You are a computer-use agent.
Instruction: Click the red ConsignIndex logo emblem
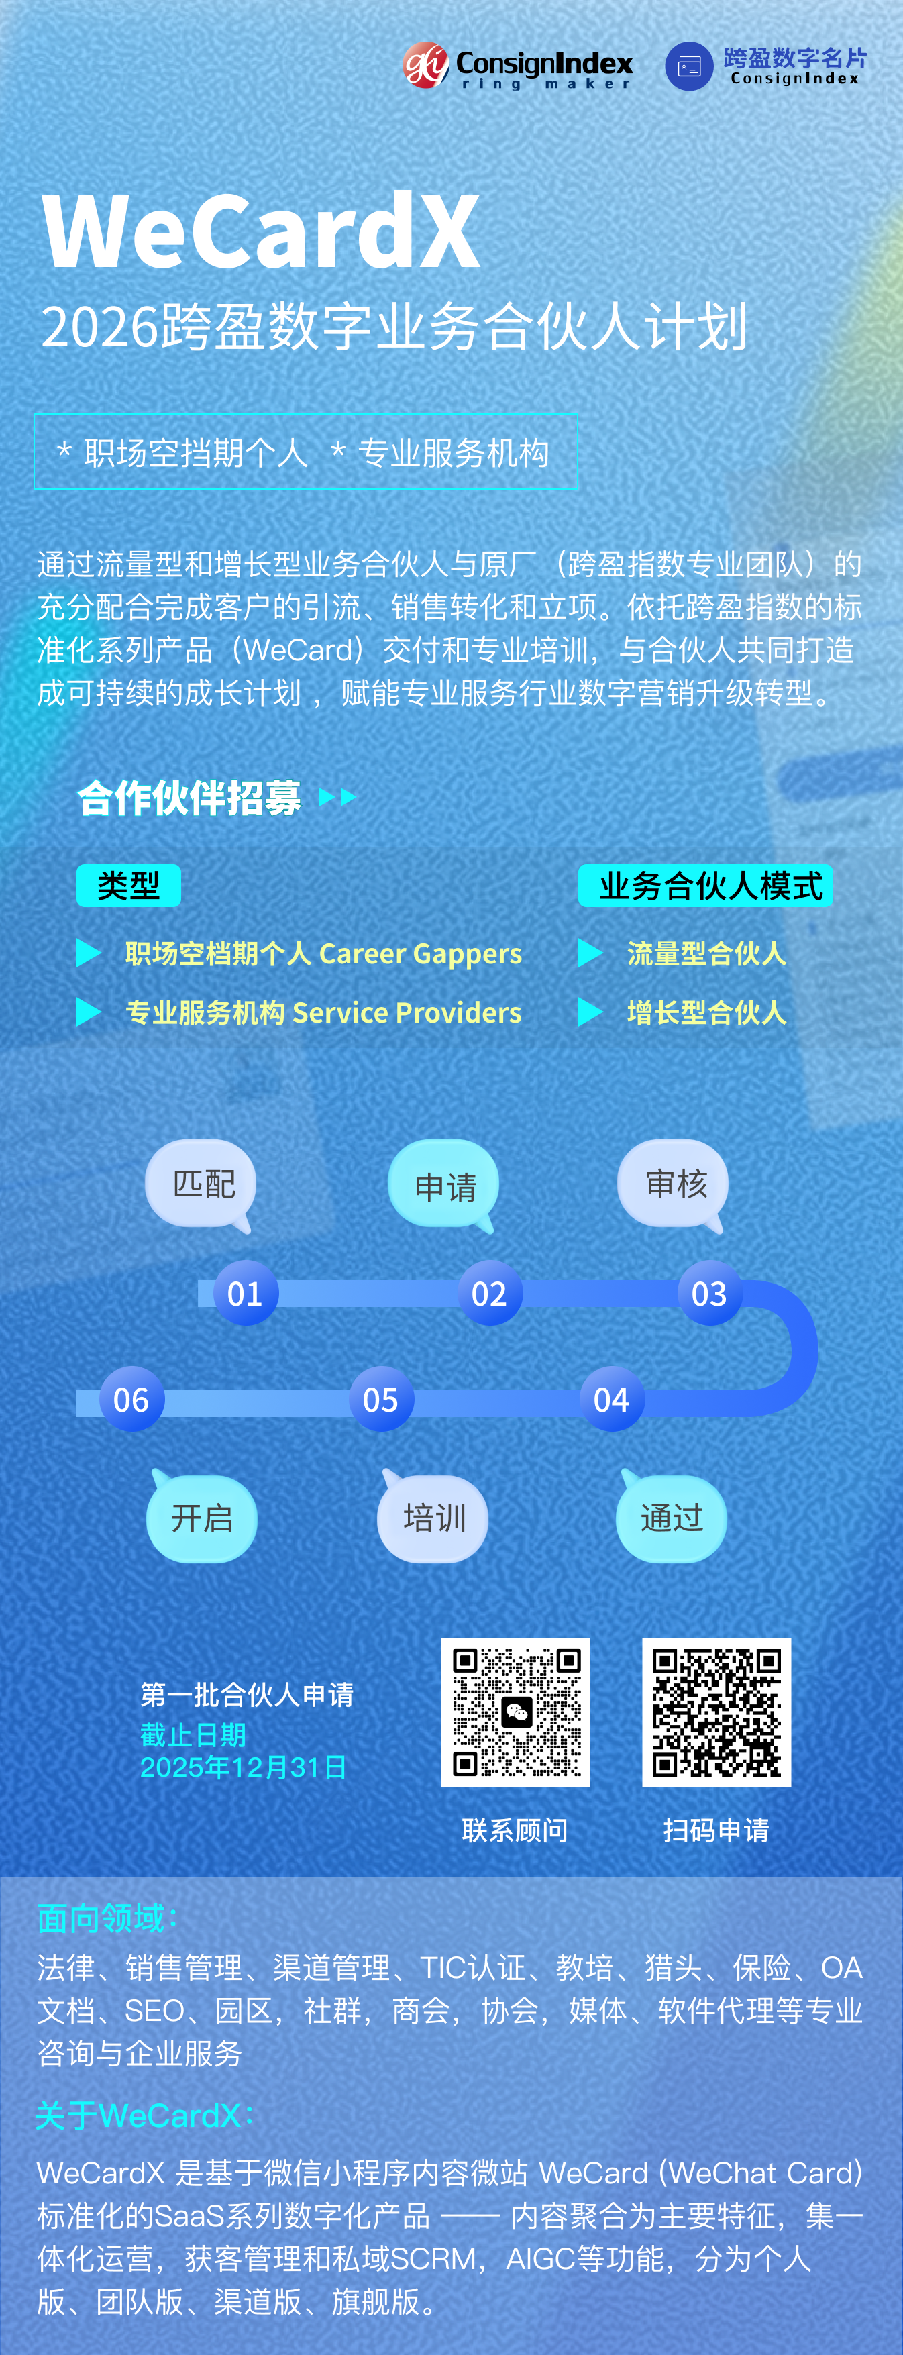coord(426,65)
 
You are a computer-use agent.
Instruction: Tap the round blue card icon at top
coord(688,66)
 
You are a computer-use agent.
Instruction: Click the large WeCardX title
coord(262,231)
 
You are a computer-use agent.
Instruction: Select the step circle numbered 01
coord(245,1293)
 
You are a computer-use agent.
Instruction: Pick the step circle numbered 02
coord(489,1293)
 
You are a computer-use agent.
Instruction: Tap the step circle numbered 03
coord(709,1293)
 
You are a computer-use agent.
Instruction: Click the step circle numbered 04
coord(611,1399)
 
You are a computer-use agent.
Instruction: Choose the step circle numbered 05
coord(380,1399)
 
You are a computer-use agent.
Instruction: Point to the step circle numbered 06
coord(131,1399)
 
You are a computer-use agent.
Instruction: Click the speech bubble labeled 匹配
coord(202,1184)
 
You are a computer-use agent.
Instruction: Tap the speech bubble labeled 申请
coord(444,1186)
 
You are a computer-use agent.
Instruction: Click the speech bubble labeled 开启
coord(202,1518)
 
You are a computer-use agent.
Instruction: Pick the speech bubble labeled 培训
coord(433,1518)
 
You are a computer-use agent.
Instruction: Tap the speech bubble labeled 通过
coord(672,1518)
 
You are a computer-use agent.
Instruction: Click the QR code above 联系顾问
coord(515,1712)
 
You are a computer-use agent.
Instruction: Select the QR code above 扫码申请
coord(716,1712)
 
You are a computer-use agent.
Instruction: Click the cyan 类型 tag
coord(128,885)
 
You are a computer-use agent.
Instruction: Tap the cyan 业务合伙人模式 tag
coord(706,885)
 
